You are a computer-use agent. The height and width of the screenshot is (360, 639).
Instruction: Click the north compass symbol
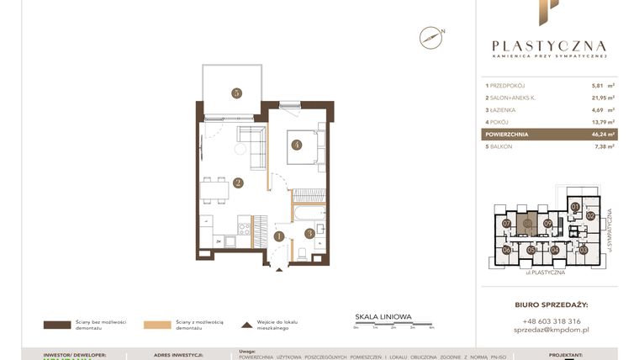[x=430, y=36]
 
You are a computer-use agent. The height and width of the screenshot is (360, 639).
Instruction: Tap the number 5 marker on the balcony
[x=238, y=93]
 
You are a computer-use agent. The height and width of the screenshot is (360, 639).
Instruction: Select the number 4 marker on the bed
[x=297, y=144]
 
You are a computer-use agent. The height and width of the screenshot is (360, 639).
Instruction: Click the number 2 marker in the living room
[x=239, y=183]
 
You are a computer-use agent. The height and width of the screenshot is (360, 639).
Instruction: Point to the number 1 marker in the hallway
[x=279, y=236]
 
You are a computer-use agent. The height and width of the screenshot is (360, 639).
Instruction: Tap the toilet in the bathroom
[x=302, y=252]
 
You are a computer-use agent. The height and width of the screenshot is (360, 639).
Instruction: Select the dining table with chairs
[x=216, y=188]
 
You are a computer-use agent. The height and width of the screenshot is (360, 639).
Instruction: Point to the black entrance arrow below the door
[x=279, y=270]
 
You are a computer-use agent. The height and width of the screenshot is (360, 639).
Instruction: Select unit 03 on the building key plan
[x=583, y=250]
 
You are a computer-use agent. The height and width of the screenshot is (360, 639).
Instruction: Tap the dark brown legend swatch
[x=58, y=324]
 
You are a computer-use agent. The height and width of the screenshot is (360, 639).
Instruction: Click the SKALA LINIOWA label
[x=383, y=317]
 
